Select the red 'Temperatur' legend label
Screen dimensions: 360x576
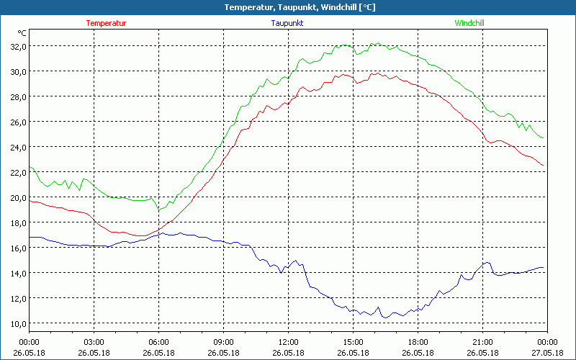(106, 23)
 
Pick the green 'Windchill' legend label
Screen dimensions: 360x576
(469, 23)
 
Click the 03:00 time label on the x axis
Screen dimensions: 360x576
(94, 342)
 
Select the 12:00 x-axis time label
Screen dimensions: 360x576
(288, 342)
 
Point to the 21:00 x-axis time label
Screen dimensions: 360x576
(482, 342)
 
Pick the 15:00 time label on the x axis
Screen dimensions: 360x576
(353, 342)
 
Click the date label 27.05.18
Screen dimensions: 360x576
(547, 353)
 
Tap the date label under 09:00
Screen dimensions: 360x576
(223, 353)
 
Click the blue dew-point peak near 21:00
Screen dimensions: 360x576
(487, 263)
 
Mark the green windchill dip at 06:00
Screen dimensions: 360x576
(159, 210)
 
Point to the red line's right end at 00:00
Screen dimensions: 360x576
(544, 166)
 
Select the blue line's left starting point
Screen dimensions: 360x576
(30, 237)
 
